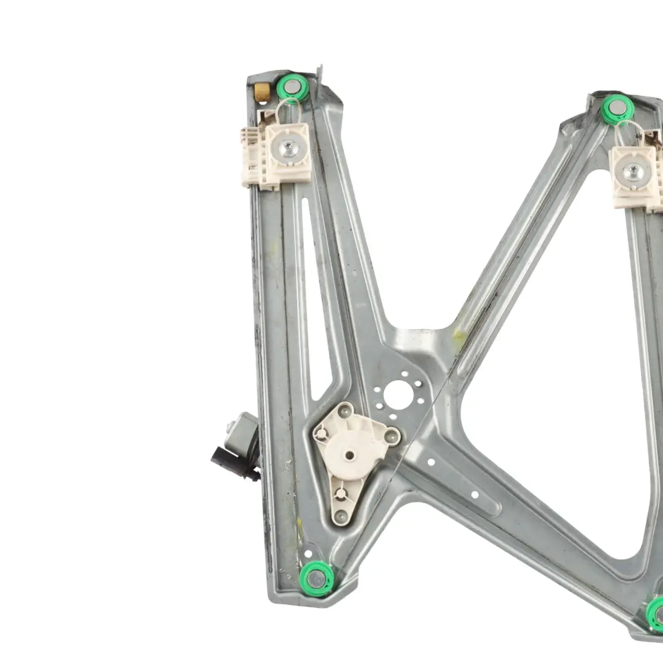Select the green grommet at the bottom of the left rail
(x=317, y=578)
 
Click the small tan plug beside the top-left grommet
(x=262, y=92)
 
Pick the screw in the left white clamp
(x=287, y=147)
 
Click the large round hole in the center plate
(x=398, y=395)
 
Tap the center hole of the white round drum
(x=349, y=455)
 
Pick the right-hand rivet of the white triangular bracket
(x=391, y=436)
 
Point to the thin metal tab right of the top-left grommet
(x=319, y=72)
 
